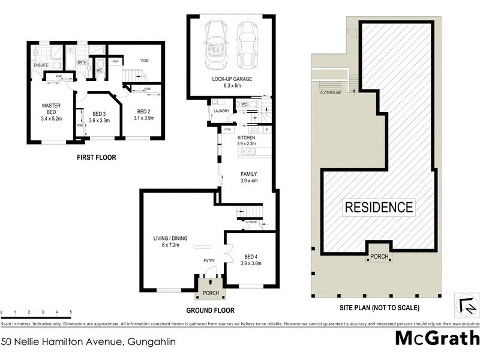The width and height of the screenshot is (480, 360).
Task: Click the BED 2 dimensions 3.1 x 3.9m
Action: (x=142, y=118)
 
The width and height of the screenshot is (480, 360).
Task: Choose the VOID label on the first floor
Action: (x=144, y=60)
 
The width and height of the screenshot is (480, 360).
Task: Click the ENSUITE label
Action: (x=41, y=64)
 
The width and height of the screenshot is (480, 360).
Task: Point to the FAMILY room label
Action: (x=249, y=174)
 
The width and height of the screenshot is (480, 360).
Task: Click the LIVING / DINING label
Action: (x=170, y=238)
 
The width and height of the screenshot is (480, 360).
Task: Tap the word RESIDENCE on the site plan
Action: (x=379, y=208)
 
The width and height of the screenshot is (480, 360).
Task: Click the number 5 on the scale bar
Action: (x=71, y=313)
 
